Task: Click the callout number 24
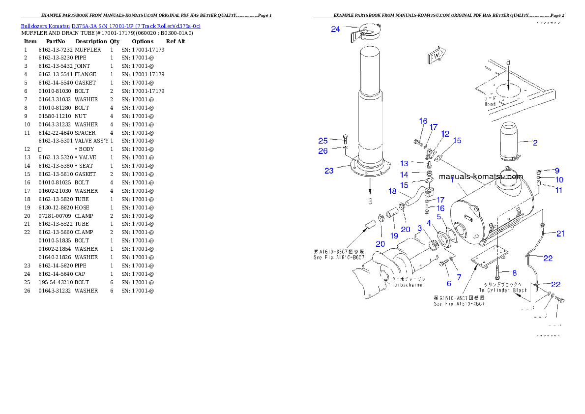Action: [335, 29]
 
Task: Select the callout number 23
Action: [329, 171]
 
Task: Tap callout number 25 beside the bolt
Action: [323, 141]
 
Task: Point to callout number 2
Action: [535, 143]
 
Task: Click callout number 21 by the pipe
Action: [560, 234]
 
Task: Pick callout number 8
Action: [514, 273]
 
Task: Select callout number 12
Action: [445, 134]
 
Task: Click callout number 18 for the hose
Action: [392, 191]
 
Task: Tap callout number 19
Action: [394, 236]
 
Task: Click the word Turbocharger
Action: [409, 285]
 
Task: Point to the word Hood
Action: [490, 104]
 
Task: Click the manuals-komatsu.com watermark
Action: [481, 177]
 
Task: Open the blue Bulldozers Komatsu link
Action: [111, 26]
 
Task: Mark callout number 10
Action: [559, 180]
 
